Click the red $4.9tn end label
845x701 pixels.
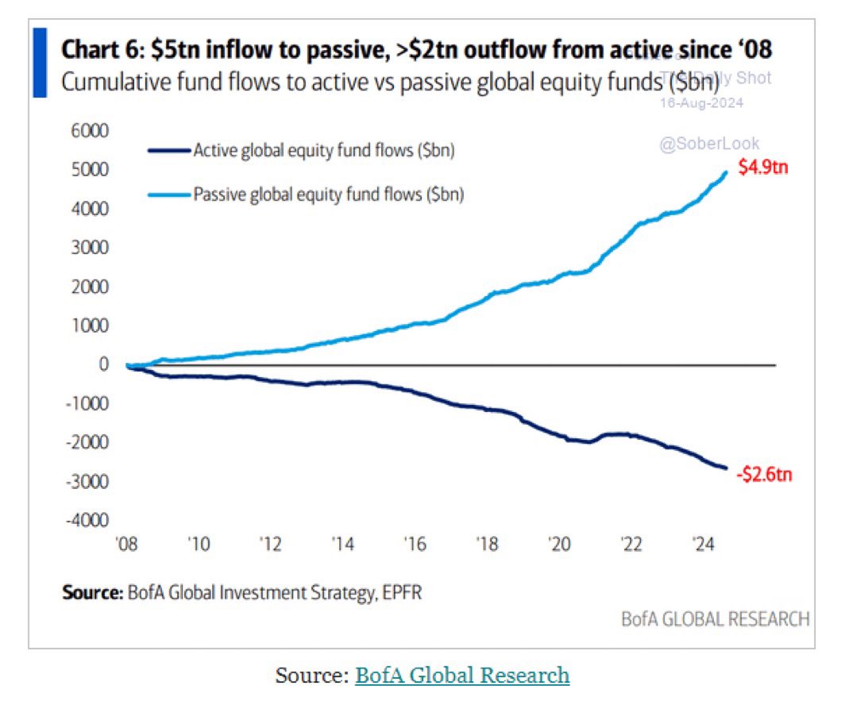[762, 169]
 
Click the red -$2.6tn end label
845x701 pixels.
[763, 476]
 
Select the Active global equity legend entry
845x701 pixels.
[323, 151]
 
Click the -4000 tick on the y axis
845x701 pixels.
[89, 521]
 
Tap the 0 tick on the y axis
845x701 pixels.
[103, 364]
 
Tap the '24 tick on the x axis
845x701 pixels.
[703, 545]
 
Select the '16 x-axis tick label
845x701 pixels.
[414, 545]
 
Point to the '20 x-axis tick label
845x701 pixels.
[558, 545]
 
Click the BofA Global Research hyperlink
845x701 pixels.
[462, 676]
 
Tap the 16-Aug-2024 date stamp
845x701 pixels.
[702, 103]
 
